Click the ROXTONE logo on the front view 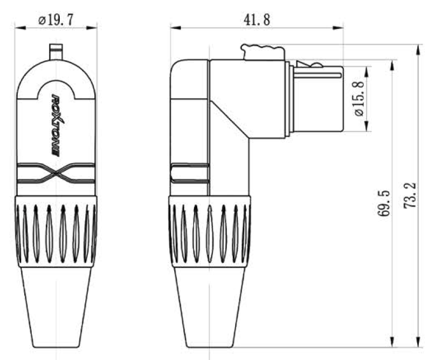point(56,124)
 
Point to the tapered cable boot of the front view point(56,307)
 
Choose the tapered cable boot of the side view point(210,307)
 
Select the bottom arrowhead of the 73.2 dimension point(418,343)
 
